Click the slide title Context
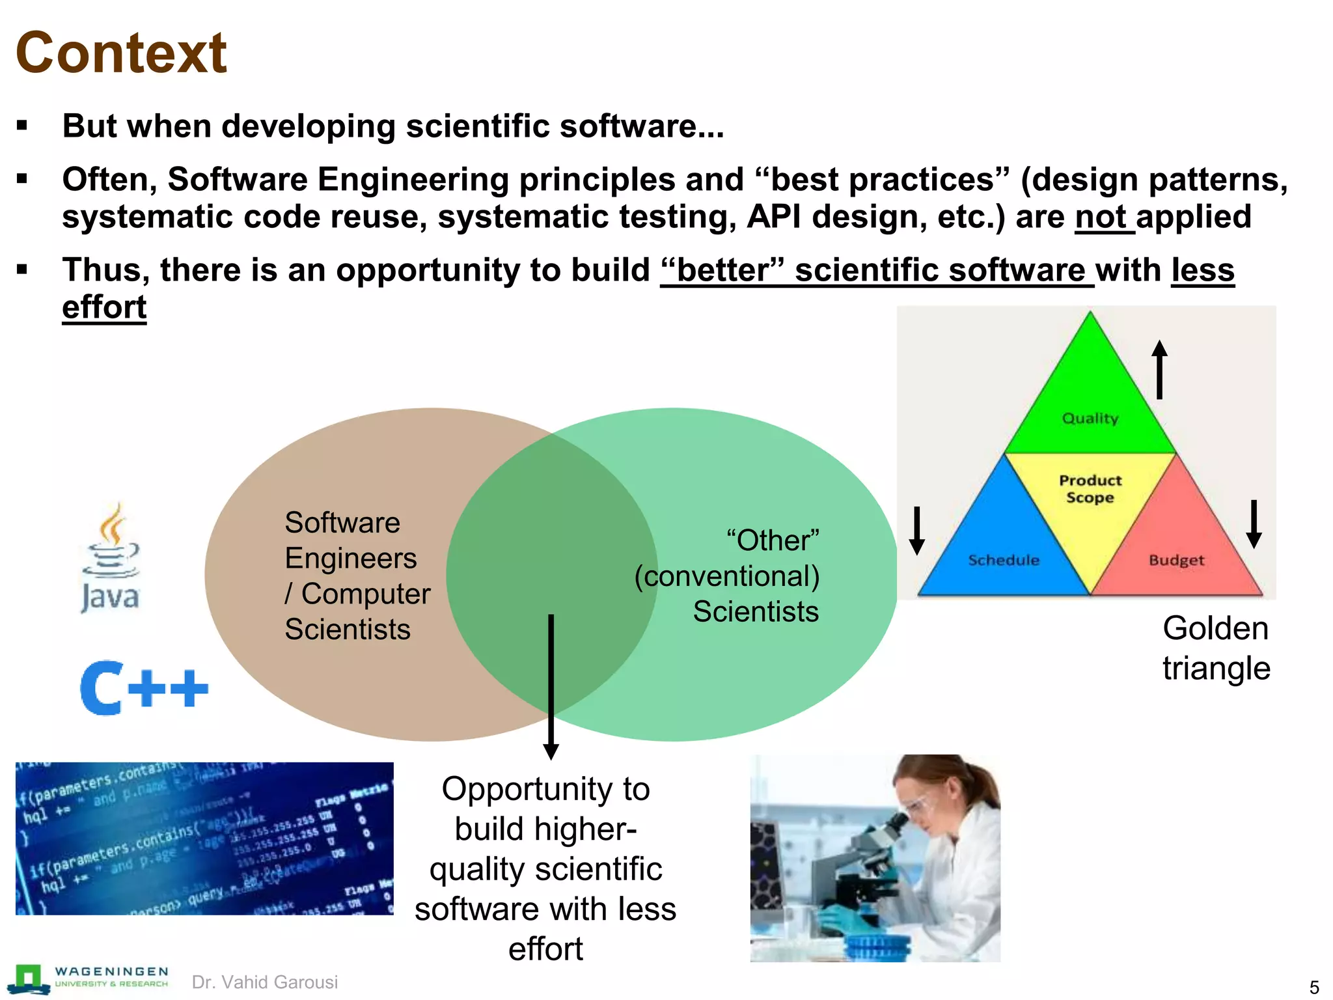[x=121, y=53]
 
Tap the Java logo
[x=111, y=558]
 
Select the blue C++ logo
[x=144, y=687]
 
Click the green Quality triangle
[x=1090, y=404]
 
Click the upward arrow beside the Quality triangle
[x=1159, y=369]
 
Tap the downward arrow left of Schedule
[x=917, y=530]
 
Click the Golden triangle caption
[x=1216, y=648]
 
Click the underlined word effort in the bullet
[x=104, y=307]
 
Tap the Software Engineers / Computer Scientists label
[x=357, y=576]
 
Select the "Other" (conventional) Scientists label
[x=728, y=576]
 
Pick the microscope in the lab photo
[x=866, y=866]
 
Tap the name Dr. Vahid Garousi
[x=265, y=982]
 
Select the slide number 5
[x=1313, y=987]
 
